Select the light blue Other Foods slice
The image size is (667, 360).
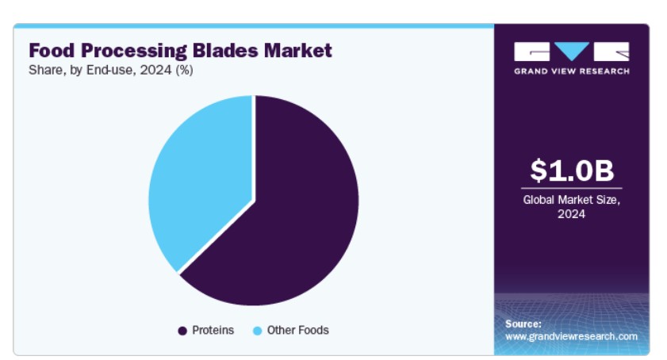(x=200, y=178)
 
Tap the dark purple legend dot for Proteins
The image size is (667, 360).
(x=182, y=331)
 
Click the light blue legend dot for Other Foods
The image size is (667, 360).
(x=257, y=331)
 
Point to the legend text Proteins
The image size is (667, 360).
(x=213, y=330)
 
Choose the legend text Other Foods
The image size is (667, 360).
(x=297, y=330)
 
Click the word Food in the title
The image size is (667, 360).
(x=52, y=50)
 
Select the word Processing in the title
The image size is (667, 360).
(x=134, y=51)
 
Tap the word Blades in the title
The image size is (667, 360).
(x=225, y=50)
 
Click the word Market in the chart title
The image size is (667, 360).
(x=297, y=50)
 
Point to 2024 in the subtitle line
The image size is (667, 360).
(x=155, y=70)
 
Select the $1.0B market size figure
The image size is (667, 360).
(x=572, y=170)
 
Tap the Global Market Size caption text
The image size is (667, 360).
(x=572, y=200)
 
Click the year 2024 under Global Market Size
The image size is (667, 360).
(x=572, y=214)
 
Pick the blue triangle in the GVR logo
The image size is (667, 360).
(x=572, y=51)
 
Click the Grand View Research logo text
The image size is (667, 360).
(x=572, y=71)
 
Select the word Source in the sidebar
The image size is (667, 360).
(x=523, y=324)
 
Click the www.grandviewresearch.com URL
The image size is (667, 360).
(x=571, y=336)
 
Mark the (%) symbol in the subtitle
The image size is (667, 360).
(x=185, y=70)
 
